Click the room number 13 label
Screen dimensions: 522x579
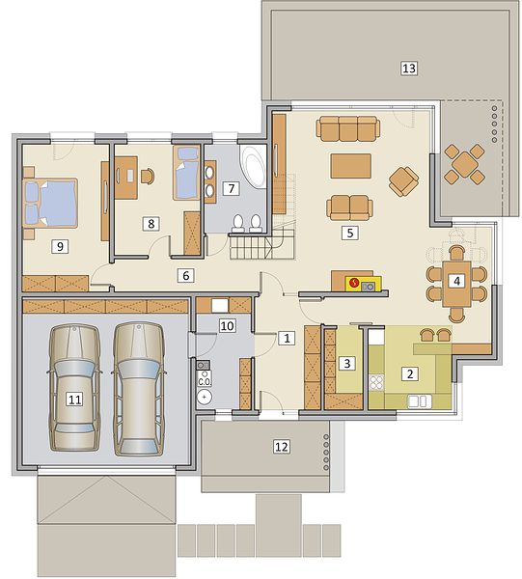coord(409,69)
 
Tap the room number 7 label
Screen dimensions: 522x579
coord(232,189)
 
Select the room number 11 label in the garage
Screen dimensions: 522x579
coord(74,400)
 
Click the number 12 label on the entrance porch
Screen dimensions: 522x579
coord(282,447)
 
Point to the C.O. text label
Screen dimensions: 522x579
coord(205,382)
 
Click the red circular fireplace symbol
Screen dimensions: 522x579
coord(354,283)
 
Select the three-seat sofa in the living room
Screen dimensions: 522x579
coord(347,128)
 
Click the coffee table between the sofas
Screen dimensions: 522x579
coord(350,166)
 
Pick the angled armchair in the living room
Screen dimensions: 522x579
coord(404,181)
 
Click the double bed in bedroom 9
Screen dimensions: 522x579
coord(50,203)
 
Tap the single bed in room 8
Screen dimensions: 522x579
coord(187,173)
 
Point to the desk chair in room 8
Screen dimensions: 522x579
coord(148,176)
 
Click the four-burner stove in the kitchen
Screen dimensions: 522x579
coord(376,382)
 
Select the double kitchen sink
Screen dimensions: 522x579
coord(419,401)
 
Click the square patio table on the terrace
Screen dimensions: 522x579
coord(464,164)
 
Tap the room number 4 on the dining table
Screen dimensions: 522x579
coord(456,281)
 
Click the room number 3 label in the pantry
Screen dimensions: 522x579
coord(347,364)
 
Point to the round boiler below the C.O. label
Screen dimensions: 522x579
coord(205,398)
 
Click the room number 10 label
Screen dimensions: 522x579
coord(228,326)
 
